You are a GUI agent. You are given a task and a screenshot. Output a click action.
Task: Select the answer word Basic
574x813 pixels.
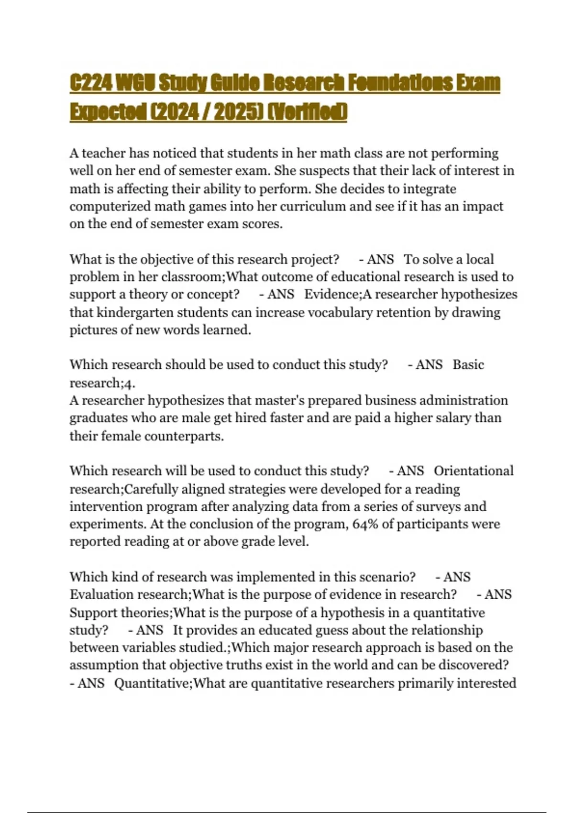(468, 365)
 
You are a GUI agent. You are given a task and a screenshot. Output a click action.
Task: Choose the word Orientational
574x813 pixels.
(474, 471)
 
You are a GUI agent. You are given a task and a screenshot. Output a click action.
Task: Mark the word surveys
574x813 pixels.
(436, 507)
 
